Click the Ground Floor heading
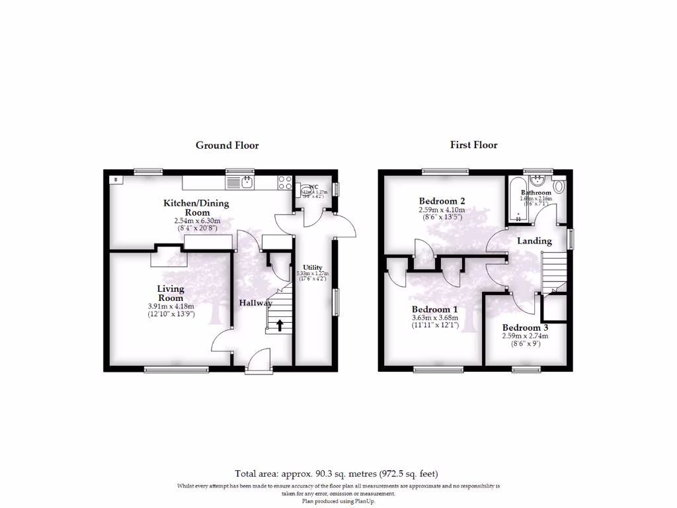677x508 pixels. pyautogui.click(x=227, y=146)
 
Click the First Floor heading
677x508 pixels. pyautogui.click(x=474, y=145)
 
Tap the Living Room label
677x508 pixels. pyautogui.click(x=171, y=293)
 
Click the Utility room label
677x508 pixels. pyautogui.click(x=313, y=267)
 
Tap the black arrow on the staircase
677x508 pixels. pyautogui.click(x=278, y=325)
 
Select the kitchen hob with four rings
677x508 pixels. pyautogui.click(x=286, y=181)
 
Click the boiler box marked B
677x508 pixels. pyautogui.click(x=116, y=179)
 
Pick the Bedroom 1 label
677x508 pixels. pyautogui.click(x=434, y=310)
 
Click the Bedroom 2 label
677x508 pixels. pyautogui.click(x=442, y=201)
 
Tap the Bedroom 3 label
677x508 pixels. pyautogui.click(x=525, y=327)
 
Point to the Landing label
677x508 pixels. pyautogui.click(x=534, y=241)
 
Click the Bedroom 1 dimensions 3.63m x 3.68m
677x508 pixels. pyautogui.click(x=434, y=318)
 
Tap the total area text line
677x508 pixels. pyautogui.click(x=337, y=474)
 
